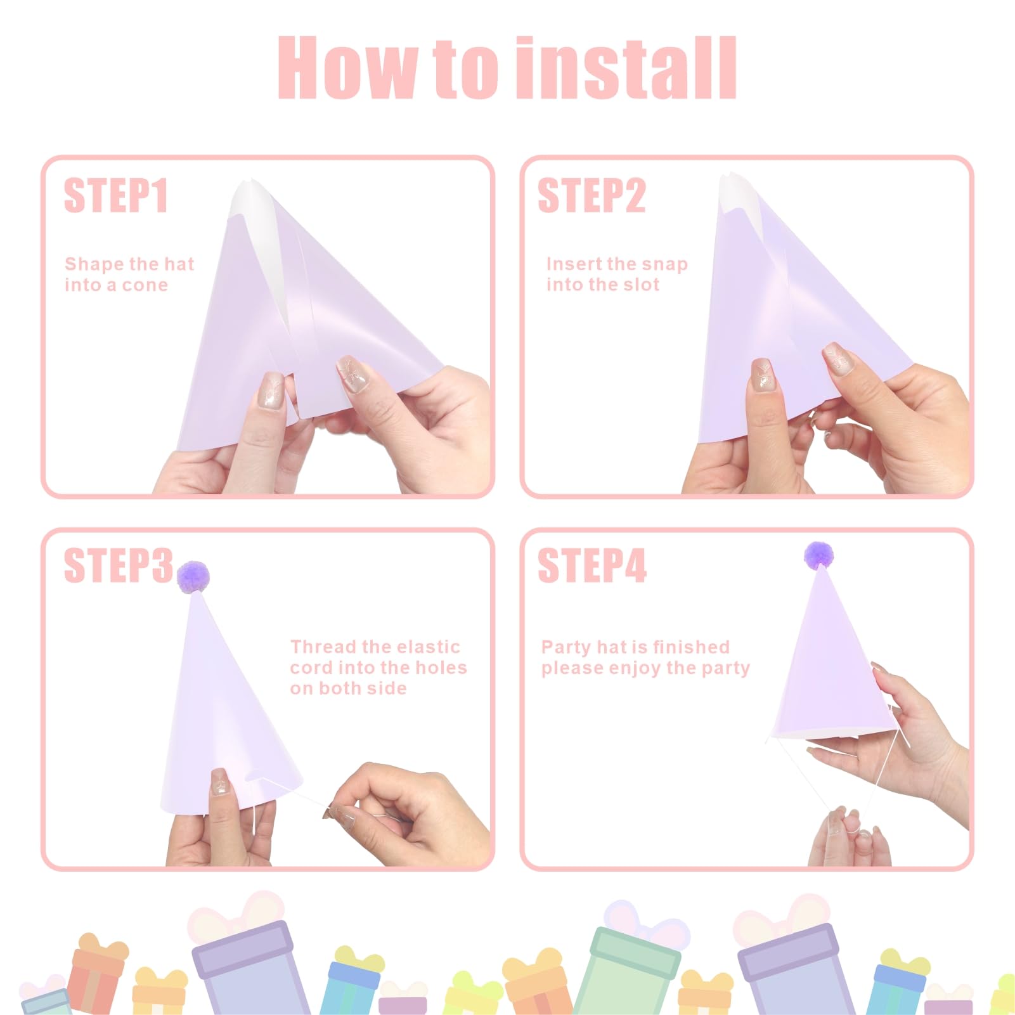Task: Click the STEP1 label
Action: pyautogui.click(x=116, y=195)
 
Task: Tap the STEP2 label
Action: pyautogui.click(x=592, y=195)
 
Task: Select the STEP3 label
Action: pyautogui.click(x=118, y=565)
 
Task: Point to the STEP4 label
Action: pyautogui.click(x=592, y=565)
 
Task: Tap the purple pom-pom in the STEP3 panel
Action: pyautogui.click(x=193, y=576)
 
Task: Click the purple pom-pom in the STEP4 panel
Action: pyautogui.click(x=819, y=555)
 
